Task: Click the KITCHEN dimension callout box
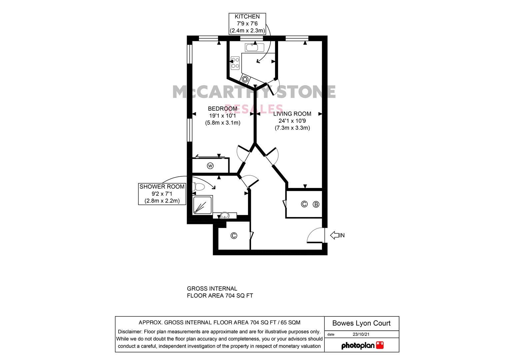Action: point(247,24)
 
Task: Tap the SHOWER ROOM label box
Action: point(162,194)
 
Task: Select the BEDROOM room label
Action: point(222,109)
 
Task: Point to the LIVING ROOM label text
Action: point(292,114)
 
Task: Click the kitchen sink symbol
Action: point(255,48)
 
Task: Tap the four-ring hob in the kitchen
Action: point(235,63)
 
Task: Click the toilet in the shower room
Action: point(199,187)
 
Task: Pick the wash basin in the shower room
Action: point(225,215)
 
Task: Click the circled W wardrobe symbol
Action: point(210,166)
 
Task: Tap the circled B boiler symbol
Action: point(316,204)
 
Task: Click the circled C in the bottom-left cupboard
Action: point(234,236)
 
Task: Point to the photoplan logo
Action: point(362,345)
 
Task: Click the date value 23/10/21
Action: point(361,334)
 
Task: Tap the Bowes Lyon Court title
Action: point(361,323)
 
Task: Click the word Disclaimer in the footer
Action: point(130,332)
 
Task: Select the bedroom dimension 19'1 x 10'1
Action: point(222,116)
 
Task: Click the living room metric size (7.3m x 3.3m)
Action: point(292,128)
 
